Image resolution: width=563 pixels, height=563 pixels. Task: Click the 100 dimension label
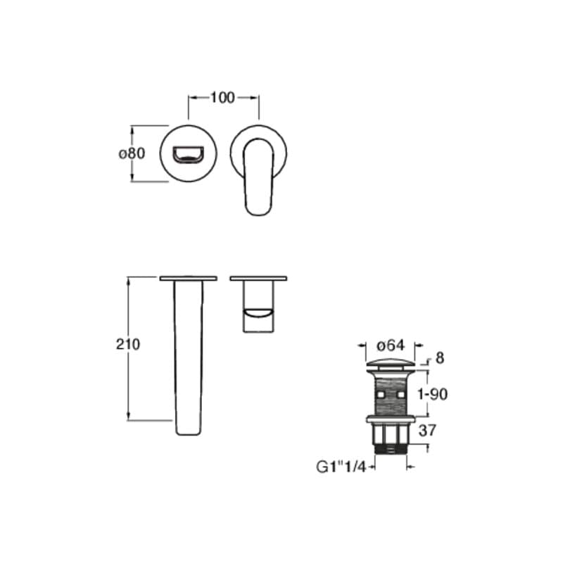click(x=222, y=98)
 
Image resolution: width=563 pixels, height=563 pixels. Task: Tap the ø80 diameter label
click(x=132, y=153)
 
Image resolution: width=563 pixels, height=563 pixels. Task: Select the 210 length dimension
click(x=128, y=344)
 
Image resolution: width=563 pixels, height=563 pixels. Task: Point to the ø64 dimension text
click(x=391, y=346)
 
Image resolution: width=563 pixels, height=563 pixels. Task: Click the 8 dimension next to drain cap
click(x=439, y=358)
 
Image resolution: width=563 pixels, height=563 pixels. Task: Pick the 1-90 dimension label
click(x=432, y=394)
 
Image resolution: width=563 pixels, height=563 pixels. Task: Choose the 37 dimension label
click(x=427, y=430)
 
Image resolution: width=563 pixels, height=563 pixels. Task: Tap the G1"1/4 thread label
click(x=341, y=467)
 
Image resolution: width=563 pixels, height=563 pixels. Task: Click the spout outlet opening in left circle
click(x=188, y=154)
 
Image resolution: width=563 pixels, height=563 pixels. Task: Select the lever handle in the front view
click(x=258, y=177)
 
